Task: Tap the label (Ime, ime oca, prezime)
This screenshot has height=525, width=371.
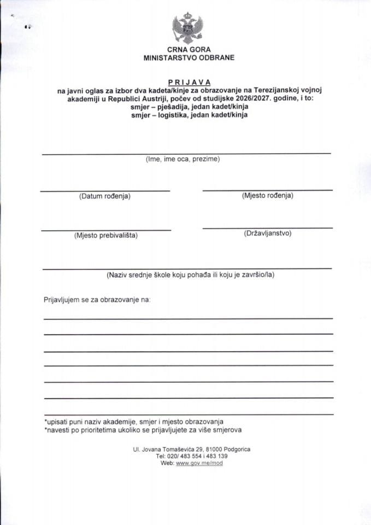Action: (182, 159)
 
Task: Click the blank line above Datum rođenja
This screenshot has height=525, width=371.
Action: (105, 191)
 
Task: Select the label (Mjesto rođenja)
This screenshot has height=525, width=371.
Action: (267, 195)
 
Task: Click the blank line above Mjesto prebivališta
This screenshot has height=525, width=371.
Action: (105, 230)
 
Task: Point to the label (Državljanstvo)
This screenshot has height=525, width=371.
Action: (268, 234)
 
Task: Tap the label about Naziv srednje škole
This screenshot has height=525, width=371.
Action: (190, 275)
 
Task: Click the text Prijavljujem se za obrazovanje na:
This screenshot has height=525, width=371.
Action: (97, 300)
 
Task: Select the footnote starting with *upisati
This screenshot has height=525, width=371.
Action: (134, 422)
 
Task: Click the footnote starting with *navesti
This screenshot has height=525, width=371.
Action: (143, 430)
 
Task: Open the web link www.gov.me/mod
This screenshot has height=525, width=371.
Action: (199, 463)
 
